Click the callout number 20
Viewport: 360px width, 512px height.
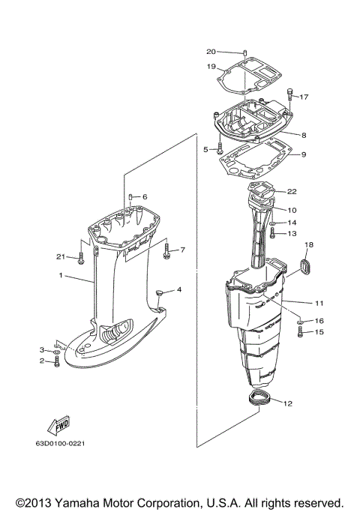click(211, 51)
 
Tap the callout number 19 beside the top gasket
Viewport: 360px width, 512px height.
click(211, 66)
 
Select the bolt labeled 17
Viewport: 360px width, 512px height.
click(291, 94)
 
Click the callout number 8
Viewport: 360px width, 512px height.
click(303, 135)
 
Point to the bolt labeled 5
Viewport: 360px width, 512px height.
click(219, 148)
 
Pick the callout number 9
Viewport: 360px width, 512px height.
click(303, 155)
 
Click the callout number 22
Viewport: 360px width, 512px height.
click(292, 191)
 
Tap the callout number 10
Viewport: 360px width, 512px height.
click(292, 211)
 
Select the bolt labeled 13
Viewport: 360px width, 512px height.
click(273, 234)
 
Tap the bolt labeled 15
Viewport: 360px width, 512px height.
click(300, 334)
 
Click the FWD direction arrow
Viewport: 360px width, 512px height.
click(58, 426)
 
